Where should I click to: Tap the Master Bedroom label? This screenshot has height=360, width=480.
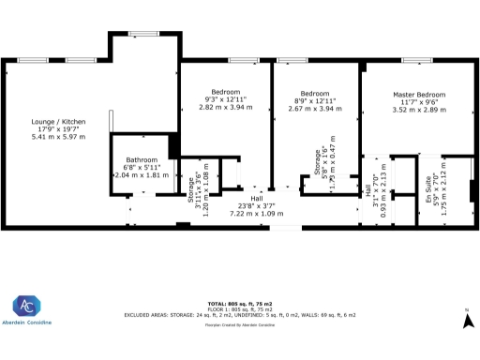pos(419,96)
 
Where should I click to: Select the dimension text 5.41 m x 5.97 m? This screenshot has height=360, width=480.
pos(58,137)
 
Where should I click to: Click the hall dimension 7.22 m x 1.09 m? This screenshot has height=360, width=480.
pos(256,214)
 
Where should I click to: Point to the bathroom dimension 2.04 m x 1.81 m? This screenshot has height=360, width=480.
pos(142,175)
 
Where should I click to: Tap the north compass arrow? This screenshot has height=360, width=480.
pos(466,322)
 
